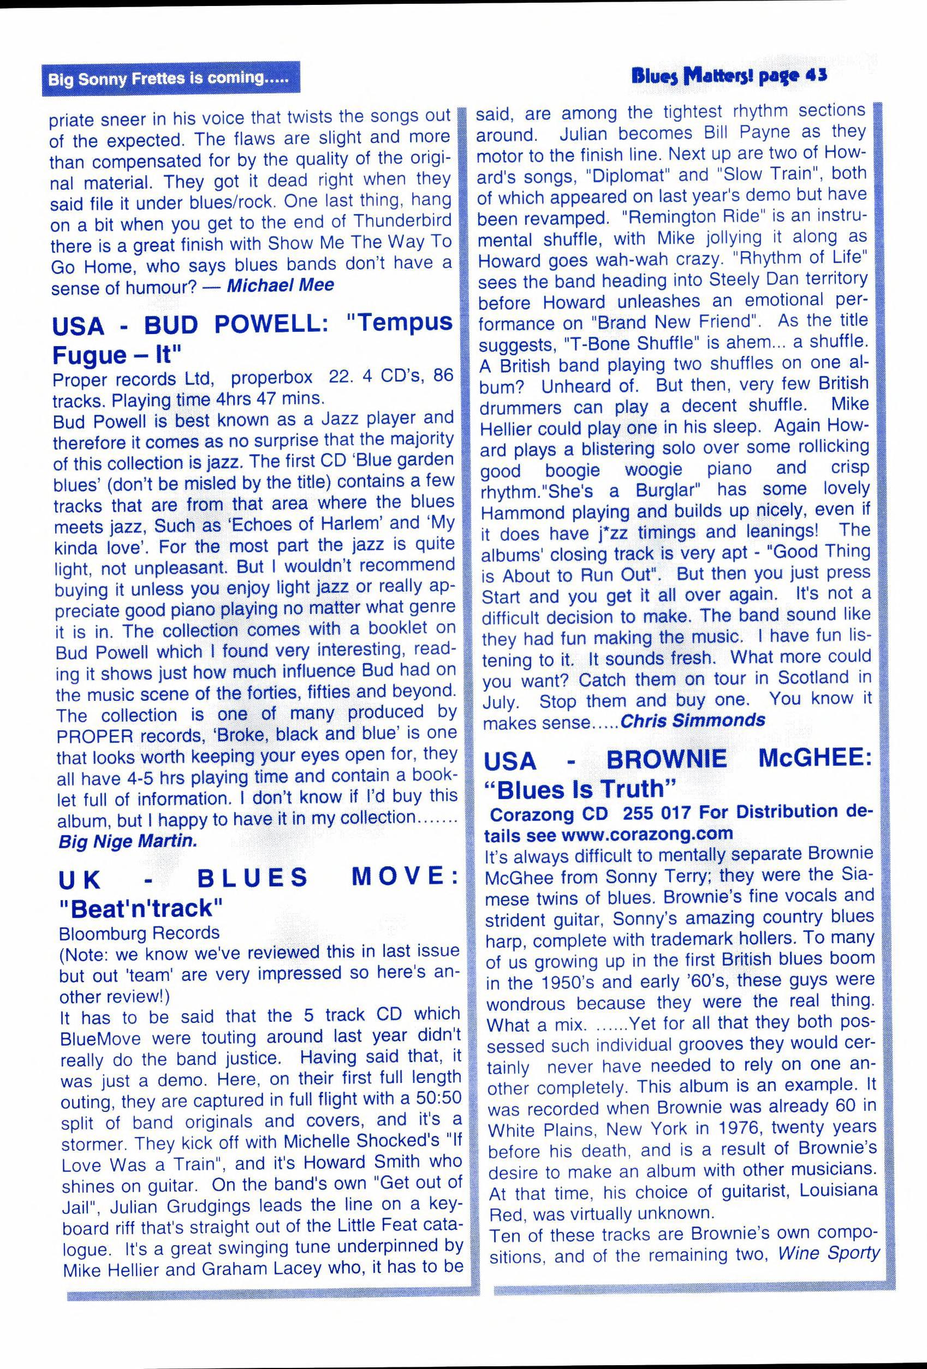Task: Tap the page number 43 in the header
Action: [x=817, y=76]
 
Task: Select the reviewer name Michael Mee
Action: [x=281, y=285]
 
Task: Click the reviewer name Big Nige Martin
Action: [x=128, y=841]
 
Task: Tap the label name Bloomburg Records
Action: [x=139, y=933]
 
